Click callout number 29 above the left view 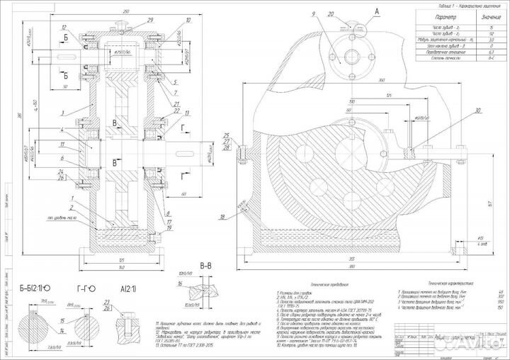coord(149,21)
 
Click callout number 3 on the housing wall coord(63,112)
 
